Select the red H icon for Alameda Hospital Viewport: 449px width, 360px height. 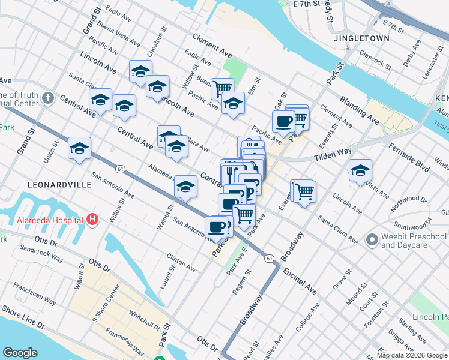(x=92, y=219)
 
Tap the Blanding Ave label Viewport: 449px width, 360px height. (x=359, y=109)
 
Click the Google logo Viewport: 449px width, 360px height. (x=20, y=353)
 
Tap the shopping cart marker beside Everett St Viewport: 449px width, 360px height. (x=304, y=192)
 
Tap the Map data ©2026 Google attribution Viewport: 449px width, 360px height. (x=412, y=355)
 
